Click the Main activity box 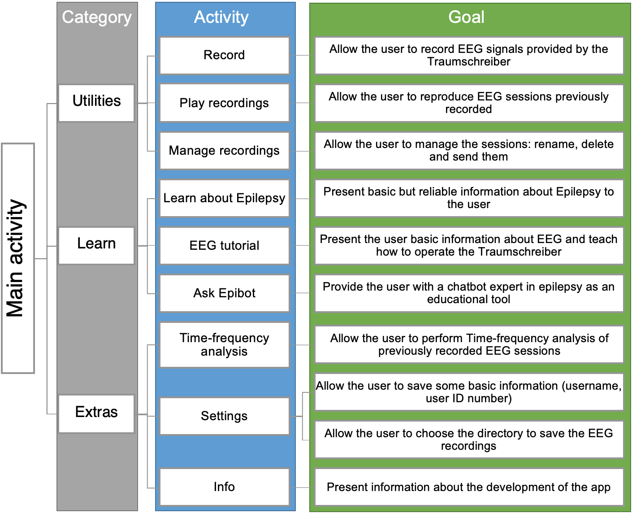tap(18, 258)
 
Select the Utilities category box tap(96, 103)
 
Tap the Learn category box tap(96, 245)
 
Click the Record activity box tap(224, 55)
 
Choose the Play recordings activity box tap(224, 103)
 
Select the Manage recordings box tap(224, 150)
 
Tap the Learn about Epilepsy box tap(224, 198)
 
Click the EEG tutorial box tap(224, 245)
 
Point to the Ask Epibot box tap(224, 293)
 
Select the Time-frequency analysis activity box tap(224, 344)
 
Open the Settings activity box tap(224, 416)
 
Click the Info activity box tap(224, 487)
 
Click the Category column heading tap(97, 17)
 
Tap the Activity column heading tap(221, 17)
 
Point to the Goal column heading tap(466, 17)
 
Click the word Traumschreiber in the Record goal tap(468, 62)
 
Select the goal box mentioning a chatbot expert tap(468, 293)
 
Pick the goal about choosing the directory tap(468, 439)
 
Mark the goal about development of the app tap(468, 487)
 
